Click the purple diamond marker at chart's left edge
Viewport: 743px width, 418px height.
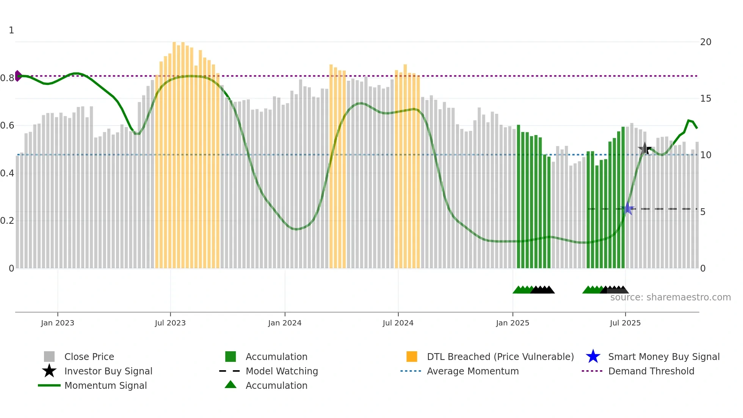[18, 76]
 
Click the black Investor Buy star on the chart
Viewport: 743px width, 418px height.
[644, 149]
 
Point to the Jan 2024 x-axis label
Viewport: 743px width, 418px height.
[285, 323]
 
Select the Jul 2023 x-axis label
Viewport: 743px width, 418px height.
[170, 323]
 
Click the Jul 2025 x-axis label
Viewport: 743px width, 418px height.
[625, 323]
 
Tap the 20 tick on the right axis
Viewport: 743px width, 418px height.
[705, 42]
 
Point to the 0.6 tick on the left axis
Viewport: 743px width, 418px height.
[8, 126]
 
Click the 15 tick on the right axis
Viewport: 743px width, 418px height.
[705, 99]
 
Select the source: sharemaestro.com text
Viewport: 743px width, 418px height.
[670, 297]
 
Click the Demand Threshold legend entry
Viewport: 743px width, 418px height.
[651, 371]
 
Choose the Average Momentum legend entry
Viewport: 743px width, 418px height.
[472, 371]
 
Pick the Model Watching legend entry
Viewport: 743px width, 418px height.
[281, 371]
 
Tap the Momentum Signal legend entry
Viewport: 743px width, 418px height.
[105, 385]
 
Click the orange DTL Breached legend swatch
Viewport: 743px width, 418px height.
[412, 357]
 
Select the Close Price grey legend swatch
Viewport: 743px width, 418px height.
[49, 357]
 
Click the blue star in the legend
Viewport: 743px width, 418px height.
[593, 357]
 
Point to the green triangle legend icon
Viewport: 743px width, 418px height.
[230, 385]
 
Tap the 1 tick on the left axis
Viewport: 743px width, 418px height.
[11, 30]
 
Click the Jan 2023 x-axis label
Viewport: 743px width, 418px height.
[58, 323]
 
